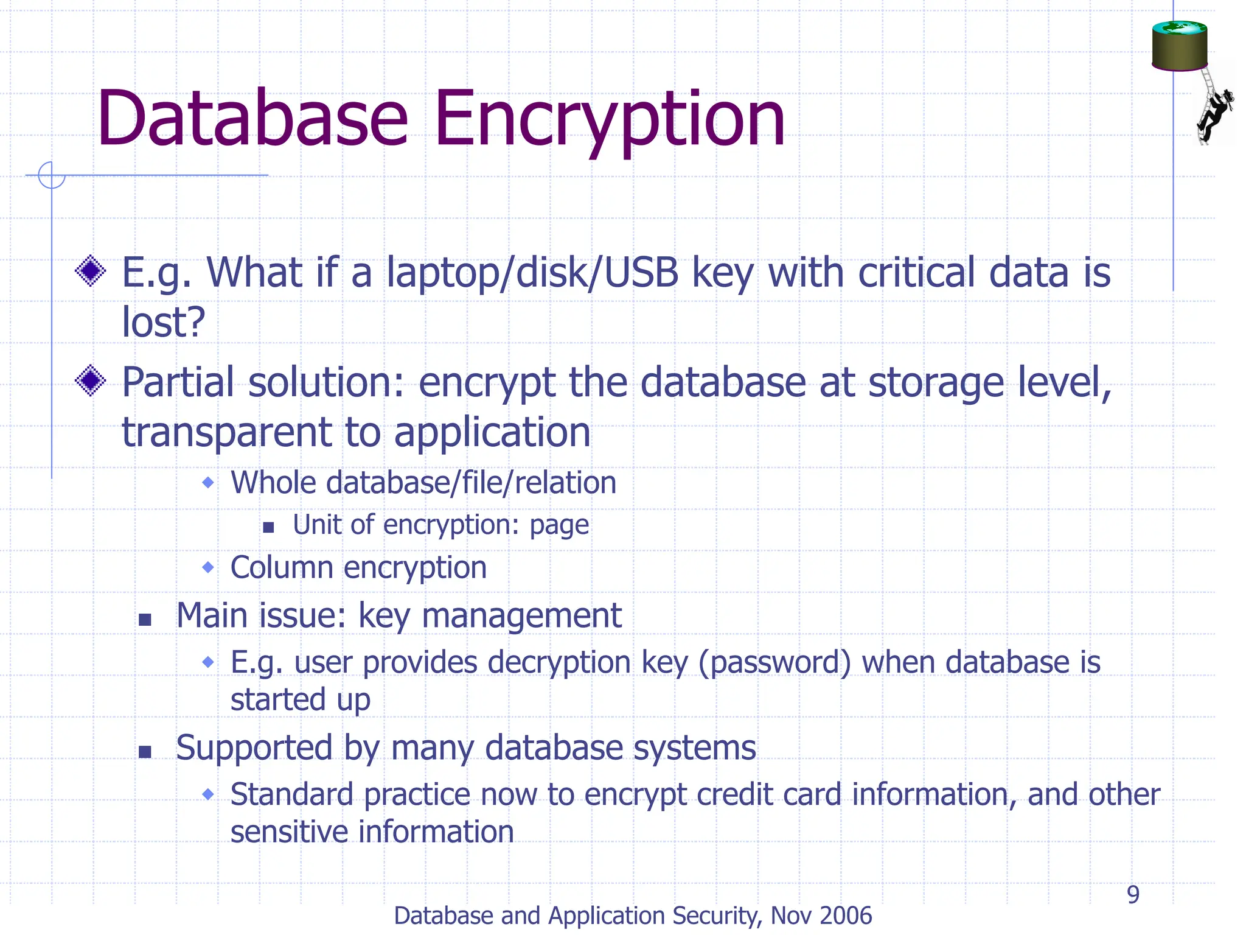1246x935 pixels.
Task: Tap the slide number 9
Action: pyautogui.click(x=1133, y=894)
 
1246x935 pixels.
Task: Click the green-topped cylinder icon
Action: pyautogui.click(x=1179, y=46)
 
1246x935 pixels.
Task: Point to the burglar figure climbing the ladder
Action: pyautogui.click(x=1214, y=113)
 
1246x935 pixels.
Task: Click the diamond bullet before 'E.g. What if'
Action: pyautogui.click(x=91, y=271)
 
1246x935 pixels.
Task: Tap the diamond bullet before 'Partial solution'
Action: pyautogui.click(x=91, y=380)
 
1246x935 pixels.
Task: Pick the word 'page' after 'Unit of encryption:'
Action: pyautogui.click(x=559, y=525)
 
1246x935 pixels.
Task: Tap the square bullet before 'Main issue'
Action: pyautogui.click(x=145, y=620)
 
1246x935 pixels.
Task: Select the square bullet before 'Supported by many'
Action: pyautogui.click(x=145, y=752)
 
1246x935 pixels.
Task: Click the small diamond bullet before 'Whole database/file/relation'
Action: pyautogui.click(x=209, y=483)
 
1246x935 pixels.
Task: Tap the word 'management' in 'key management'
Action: pyautogui.click(x=521, y=616)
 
